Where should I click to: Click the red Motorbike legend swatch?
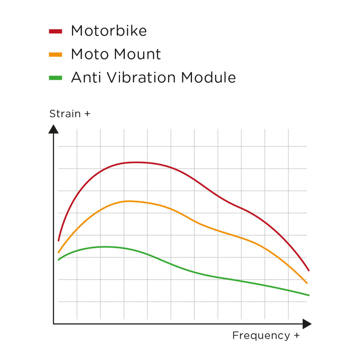[x=56, y=31]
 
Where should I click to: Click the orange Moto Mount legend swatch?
[x=56, y=54]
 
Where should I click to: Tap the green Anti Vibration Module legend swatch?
[x=56, y=78]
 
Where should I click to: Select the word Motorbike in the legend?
[x=109, y=31]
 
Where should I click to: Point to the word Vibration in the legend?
[x=138, y=77]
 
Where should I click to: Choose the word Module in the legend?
[x=208, y=77]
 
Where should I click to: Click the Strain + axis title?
[x=70, y=114]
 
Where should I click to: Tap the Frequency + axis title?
[x=266, y=335]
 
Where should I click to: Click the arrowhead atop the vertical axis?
[x=54, y=129]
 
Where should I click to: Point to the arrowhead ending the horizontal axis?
[x=307, y=324]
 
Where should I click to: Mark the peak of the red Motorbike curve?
[x=136, y=162]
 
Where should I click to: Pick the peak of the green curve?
[x=105, y=247]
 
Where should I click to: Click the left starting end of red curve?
[x=59, y=240]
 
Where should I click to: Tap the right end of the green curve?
[x=309, y=295]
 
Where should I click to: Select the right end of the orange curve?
[x=307, y=283]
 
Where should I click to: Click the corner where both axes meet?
[x=54, y=324]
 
